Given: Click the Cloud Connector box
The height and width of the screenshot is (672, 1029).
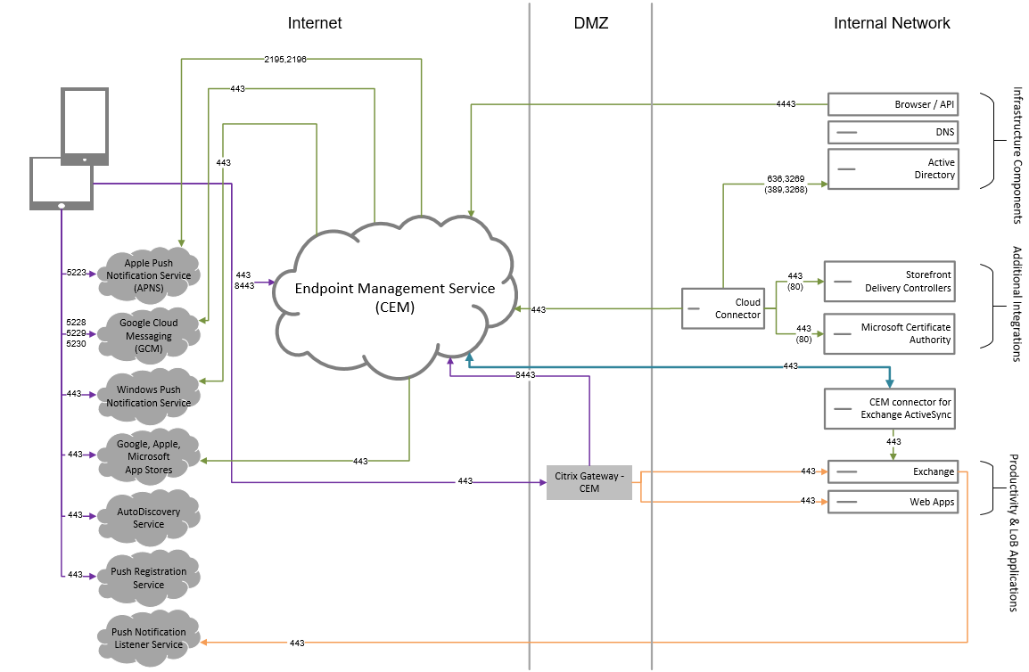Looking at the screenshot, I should [723, 308].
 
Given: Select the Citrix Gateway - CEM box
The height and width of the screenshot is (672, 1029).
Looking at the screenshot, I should [589, 482].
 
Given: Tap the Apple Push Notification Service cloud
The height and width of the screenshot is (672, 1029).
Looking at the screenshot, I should [148, 275].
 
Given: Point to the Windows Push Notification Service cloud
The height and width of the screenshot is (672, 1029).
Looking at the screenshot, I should [148, 396].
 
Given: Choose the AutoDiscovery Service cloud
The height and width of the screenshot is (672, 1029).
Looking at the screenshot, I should [148, 517].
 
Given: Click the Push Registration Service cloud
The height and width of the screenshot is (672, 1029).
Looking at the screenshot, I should [148, 578].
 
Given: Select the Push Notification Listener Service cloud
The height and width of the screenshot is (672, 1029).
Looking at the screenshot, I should [148, 637].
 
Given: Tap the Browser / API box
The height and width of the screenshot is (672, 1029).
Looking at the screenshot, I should [893, 104].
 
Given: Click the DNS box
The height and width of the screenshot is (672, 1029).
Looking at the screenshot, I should [893, 133].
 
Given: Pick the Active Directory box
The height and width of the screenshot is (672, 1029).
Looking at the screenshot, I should [893, 168].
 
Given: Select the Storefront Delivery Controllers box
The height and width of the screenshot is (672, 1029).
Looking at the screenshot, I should [892, 281].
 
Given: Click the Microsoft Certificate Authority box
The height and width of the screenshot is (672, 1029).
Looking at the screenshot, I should [892, 333].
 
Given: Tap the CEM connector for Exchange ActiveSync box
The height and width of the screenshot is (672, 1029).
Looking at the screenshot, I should [892, 408].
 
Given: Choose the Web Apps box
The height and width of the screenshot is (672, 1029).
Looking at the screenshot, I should [893, 502].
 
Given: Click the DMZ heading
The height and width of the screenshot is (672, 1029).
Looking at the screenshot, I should [590, 23].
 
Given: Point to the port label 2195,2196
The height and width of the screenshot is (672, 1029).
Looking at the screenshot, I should [285, 59].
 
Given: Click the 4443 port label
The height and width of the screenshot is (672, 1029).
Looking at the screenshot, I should [786, 104].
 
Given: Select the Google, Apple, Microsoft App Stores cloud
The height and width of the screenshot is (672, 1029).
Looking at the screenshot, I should [148, 456].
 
